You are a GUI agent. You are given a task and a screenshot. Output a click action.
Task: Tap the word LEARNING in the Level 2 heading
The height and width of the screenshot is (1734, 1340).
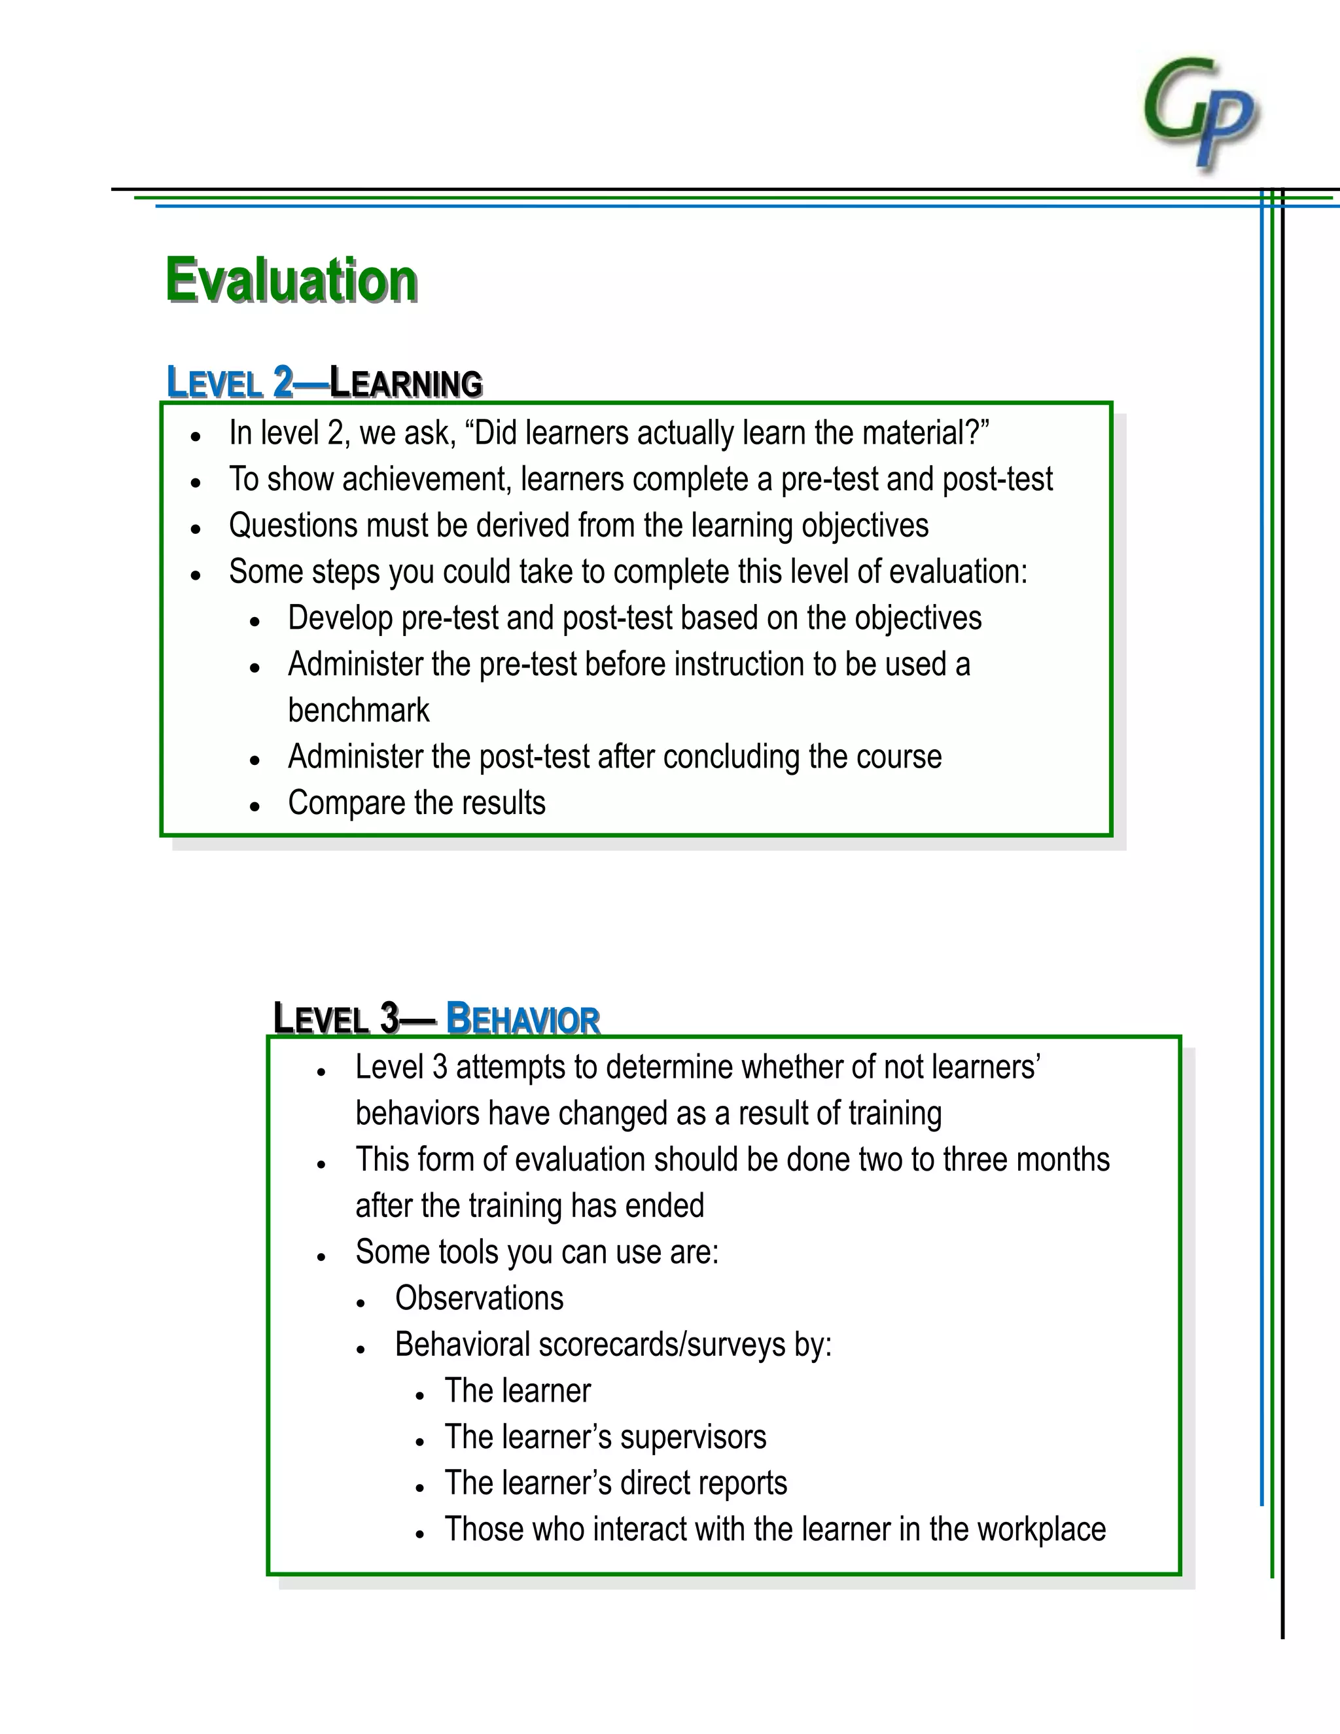(406, 383)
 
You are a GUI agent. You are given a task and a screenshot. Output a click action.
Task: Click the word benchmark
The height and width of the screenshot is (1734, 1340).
(358, 711)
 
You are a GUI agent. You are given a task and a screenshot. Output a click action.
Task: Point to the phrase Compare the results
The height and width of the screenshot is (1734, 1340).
(417, 803)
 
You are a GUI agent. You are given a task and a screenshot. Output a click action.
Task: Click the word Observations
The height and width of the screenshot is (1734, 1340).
(480, 1299)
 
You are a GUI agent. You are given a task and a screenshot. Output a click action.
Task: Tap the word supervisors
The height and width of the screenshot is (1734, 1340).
(693, 1437)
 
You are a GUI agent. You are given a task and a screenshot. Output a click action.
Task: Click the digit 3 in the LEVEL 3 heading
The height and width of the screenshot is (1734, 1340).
(389, 1019)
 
